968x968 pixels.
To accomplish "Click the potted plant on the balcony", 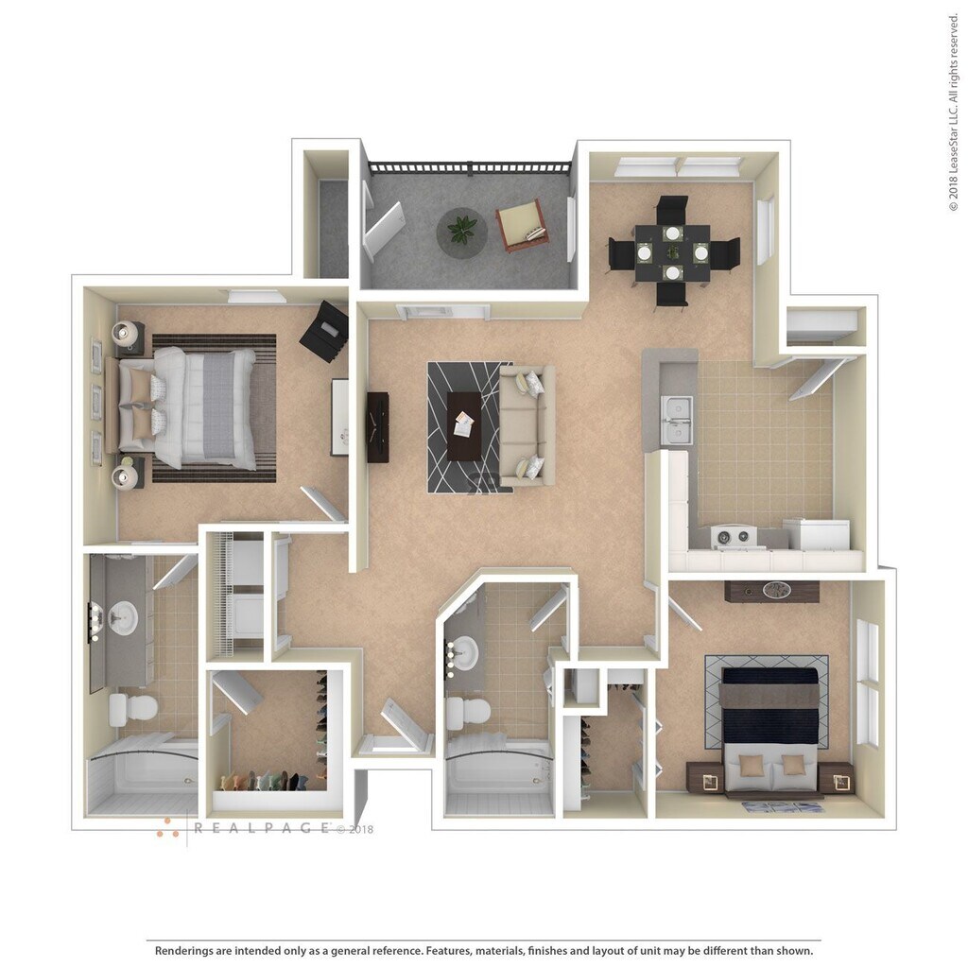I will pyautogui.click(x=462, y=230).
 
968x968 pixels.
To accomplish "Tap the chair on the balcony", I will pyautogui.click(x=522, y=225).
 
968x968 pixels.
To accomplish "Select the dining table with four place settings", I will pyautogui.click(x=672, y=252).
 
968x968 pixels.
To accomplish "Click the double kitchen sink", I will pyautogui.click(x=676, y=421).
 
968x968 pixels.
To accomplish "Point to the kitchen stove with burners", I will pyautogui.click(x=735, y=537).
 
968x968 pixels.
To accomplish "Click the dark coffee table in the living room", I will pyautogui.click(x=463, y=425).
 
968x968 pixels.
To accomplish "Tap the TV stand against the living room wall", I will pyautogui.click(x=377, y=426).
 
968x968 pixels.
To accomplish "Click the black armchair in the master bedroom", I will pyautogui.click(x=325, y=331).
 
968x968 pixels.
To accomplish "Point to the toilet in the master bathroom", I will pyautogui.click(x=131, y=708).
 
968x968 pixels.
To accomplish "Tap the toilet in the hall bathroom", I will pyautogui.click(x=466, y=713).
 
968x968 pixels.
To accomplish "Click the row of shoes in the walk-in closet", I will pyautogui.click(x=264, y=782).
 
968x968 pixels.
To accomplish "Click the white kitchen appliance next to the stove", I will pyautogui.click(x=816, y=534).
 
